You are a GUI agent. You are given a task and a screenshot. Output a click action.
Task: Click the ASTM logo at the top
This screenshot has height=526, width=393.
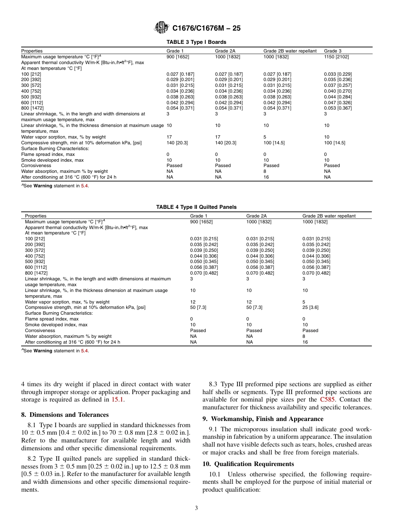click(x=161, y=28)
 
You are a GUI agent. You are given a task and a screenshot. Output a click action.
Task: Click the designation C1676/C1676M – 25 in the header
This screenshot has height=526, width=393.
click(x=206, y=28)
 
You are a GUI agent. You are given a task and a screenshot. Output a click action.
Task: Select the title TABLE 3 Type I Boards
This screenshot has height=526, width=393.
click(x=196, y=42)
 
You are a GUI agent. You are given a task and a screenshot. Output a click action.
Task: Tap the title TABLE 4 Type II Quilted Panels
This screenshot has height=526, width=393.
click(x=196, y=207)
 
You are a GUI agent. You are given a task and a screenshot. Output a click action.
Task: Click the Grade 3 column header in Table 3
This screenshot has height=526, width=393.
click(x=333, y=51)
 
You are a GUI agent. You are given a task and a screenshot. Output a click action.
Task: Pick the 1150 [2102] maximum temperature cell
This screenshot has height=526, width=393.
click(x=336, y=57)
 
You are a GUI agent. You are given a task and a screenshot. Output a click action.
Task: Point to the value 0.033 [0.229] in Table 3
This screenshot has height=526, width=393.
click(x=338, y=74)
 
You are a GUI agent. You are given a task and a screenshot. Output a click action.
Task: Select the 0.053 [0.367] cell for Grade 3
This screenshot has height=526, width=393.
click(x=338, y=108)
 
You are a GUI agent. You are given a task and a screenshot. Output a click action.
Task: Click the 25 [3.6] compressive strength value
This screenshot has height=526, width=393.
click(x=310, y=308)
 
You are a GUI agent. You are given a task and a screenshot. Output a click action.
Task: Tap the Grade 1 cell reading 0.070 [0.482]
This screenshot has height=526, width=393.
click(x=204, y=273)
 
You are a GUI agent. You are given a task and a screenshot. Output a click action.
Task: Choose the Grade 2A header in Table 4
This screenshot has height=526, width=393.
click(x=256, y=216)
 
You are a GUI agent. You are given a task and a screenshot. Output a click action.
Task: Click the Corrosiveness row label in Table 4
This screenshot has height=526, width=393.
click(x=40, y=330)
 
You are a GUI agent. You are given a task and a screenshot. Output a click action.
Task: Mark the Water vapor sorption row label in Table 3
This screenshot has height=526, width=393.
click(x=63, y=137)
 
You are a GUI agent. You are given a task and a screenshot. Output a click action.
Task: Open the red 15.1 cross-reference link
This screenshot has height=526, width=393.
click(x=118, y=399)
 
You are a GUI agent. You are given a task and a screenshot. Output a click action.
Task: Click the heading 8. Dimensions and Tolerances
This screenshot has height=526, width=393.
click(x=65, y=415)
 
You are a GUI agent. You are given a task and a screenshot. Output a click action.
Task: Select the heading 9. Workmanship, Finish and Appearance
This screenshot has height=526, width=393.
click(x=263, y=419)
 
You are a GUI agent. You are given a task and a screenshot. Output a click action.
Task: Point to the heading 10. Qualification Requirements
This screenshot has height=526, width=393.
click(x=248, y=464)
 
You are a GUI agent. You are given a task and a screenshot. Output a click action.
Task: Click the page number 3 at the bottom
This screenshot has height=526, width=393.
click(x=196, y=508)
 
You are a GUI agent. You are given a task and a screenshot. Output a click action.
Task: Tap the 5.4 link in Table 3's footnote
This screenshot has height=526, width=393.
click(x=84, y=186)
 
